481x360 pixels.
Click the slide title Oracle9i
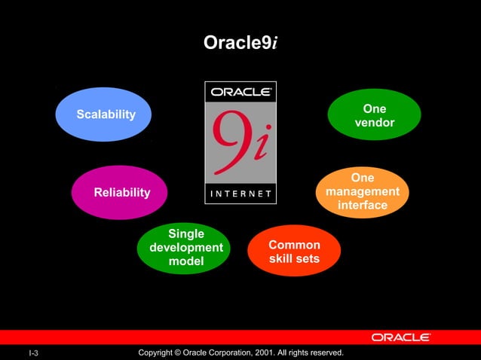[x=240, y=44]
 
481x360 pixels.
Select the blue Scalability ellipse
[x=104, y=114]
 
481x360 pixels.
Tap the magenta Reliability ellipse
[x=119, y=193]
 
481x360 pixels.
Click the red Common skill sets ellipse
[x=294, y=252]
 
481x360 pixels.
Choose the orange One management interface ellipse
[x=362, y=192]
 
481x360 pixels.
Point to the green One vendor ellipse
[x=374, y=115]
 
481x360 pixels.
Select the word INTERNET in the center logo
[x=240, y=194]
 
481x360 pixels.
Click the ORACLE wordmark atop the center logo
[x=240, y=92]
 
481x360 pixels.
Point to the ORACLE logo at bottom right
[x=400, y=337]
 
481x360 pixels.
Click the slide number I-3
[x=34, y=353]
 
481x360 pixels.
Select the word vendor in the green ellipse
[x=374, y=123]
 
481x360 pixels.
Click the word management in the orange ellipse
[x=362, y=192]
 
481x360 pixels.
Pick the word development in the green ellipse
[x=186, y=248]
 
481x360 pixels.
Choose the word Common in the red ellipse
[x=294, y=245]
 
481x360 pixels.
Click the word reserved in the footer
[x=323, y=352]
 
